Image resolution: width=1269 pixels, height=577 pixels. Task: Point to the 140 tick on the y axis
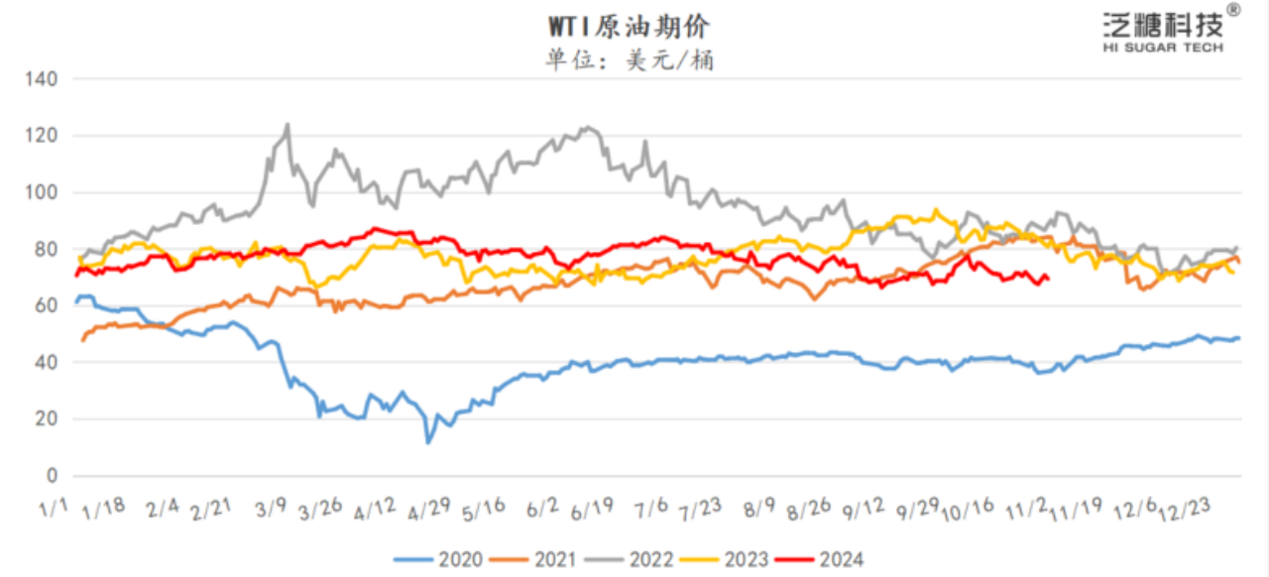click(x=43, y=78)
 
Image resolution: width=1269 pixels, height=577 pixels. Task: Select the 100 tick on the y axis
click(x=43, y=192)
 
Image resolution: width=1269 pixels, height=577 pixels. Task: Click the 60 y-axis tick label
click(x=47, y=306)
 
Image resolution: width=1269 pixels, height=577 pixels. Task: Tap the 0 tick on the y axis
click(x=52, y=476)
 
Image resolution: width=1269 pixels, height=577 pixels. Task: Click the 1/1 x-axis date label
click(x=53, y=509)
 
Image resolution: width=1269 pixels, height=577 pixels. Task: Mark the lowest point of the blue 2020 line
click(x=428, y=442)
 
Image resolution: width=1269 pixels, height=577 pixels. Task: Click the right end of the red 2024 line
click(x=1049, y=279)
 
